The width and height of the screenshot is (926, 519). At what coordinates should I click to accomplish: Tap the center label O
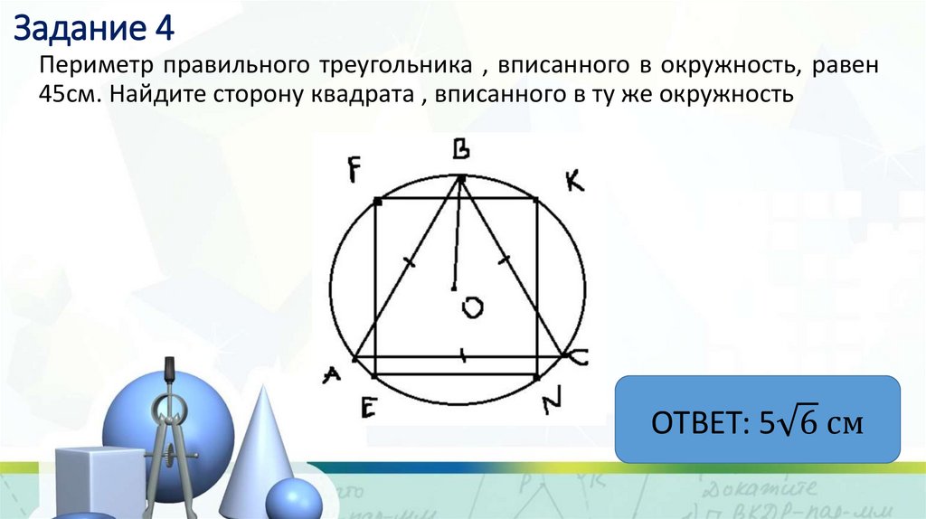[x=472, y=309]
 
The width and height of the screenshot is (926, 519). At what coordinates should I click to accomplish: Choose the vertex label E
[x=367, y=408]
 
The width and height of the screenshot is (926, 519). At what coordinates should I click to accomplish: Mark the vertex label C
[x=580, y=358]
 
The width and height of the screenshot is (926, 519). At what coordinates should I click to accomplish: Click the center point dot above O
[x=454, y=288]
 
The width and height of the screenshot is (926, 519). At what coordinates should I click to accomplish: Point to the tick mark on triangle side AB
[x=409, y=262]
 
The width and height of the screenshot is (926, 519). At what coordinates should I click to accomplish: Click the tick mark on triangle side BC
[x=505, y=261]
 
